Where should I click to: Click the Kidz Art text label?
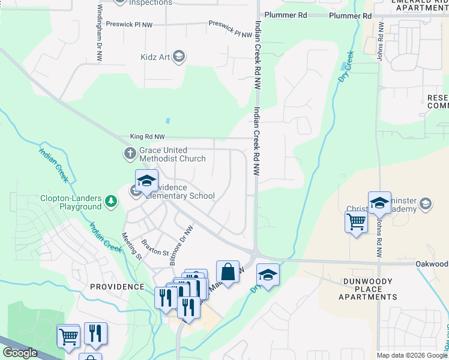153,57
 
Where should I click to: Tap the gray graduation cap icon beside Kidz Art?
178,57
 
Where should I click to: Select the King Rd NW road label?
147,137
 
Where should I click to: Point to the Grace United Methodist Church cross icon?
130,153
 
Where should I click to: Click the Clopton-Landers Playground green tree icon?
110,201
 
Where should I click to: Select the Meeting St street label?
131,247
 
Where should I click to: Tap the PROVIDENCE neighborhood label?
117,287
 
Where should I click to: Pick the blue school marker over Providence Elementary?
146,181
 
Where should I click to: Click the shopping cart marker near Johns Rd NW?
356,222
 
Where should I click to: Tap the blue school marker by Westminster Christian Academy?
379,203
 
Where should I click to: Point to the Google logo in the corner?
20,353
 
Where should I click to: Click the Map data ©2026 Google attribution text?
411,355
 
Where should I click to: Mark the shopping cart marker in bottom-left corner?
68,335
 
